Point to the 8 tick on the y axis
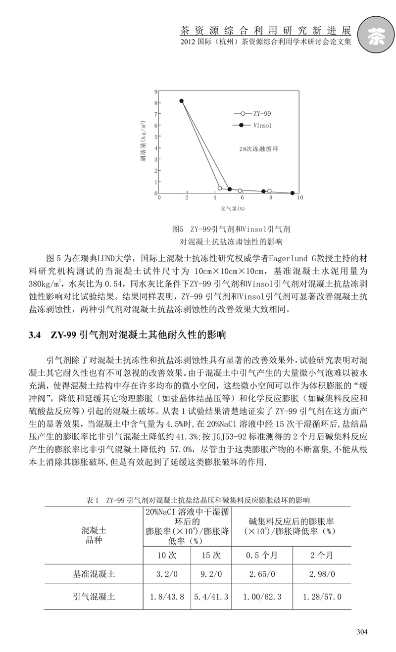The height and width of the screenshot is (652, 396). (155, 103)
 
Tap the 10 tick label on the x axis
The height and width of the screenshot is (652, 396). (299, 197)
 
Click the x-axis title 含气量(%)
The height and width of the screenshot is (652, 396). (233, 208)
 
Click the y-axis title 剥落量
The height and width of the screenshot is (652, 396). (144, 143)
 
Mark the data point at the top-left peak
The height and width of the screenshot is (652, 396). (182, 101)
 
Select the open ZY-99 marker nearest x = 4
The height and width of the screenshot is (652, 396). (220, 188)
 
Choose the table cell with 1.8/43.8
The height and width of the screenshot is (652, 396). (167, 597)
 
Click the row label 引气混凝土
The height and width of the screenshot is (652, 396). (94, 597)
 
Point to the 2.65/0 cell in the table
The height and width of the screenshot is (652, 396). (262, 574)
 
